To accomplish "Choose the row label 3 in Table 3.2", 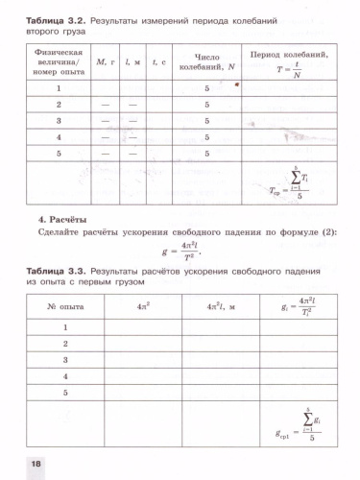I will tap(59, 120).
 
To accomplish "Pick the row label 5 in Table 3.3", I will tap(65, 393).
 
